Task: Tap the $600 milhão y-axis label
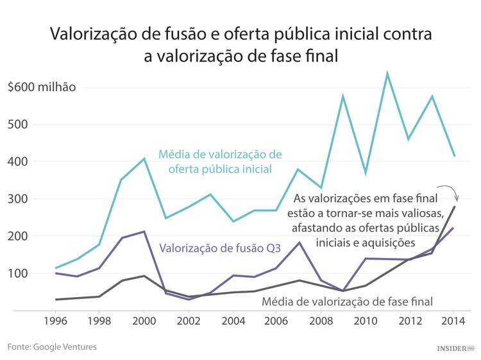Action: tap(42, 87)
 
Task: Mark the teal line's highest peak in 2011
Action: tap(387, 74)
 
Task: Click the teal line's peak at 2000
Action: tap(144, 159)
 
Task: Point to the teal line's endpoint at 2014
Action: tap(455, 156)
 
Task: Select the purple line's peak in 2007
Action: tap(299, 243)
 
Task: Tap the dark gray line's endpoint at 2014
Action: tap(455, 206)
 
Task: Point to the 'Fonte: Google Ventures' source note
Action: tap(53, 347)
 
